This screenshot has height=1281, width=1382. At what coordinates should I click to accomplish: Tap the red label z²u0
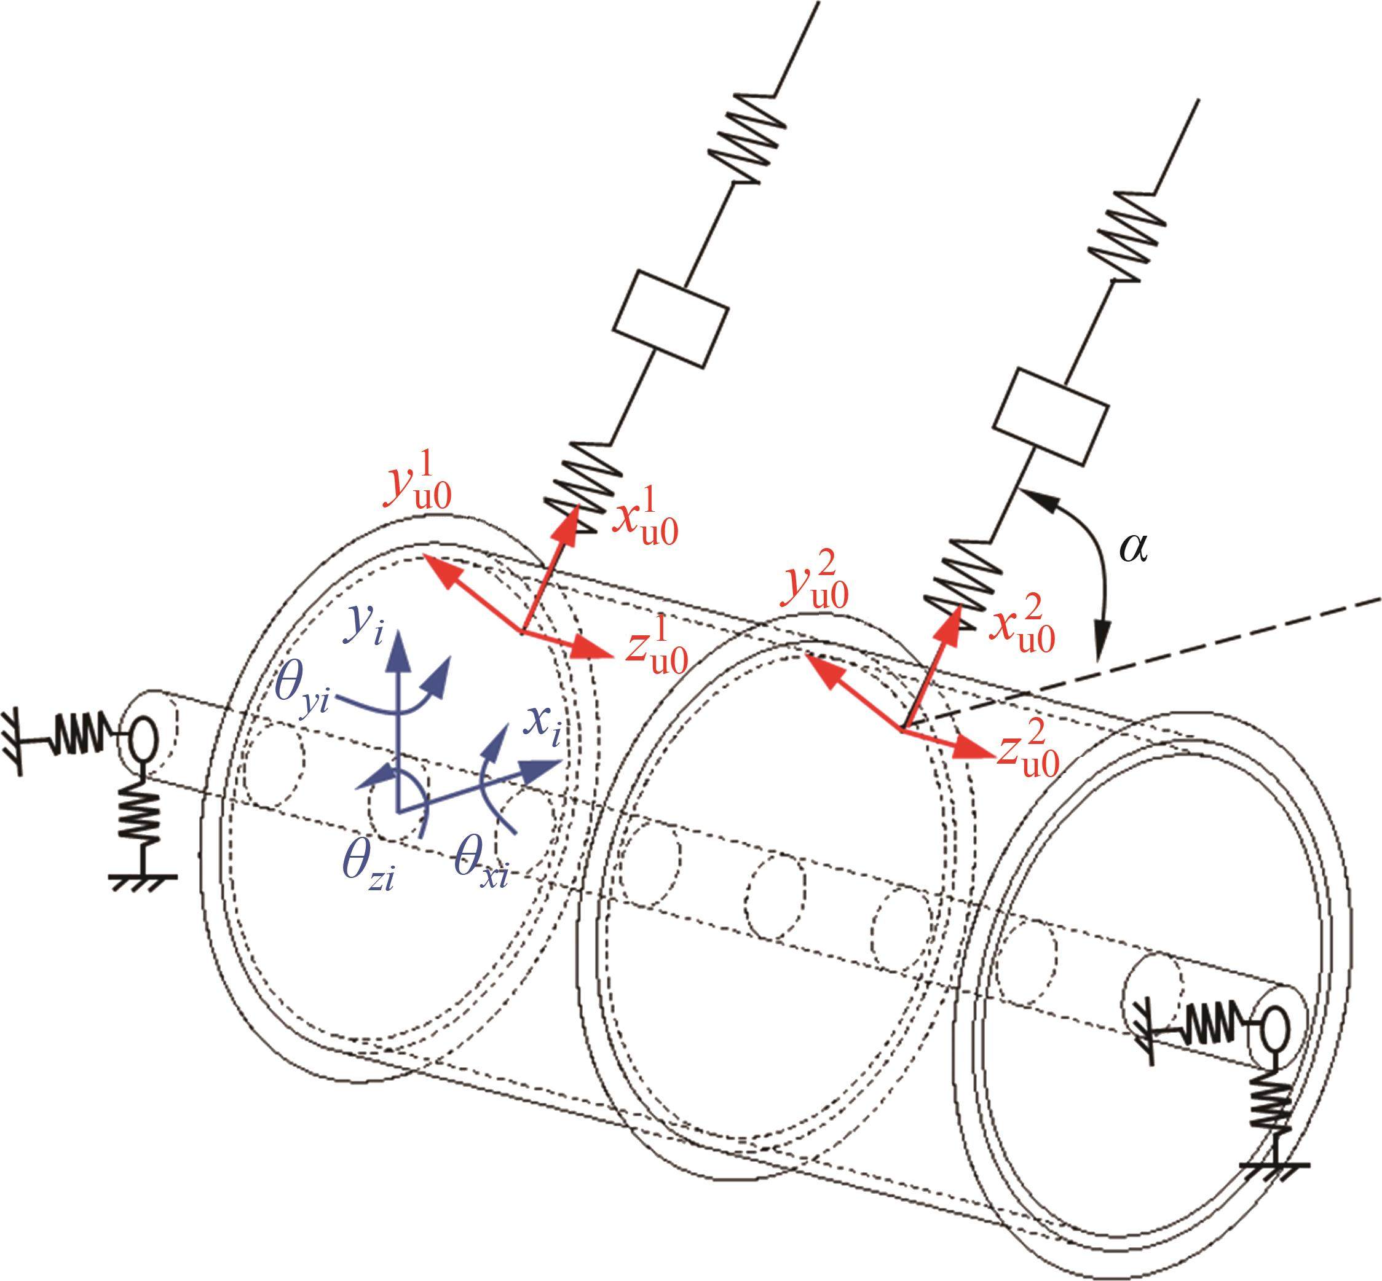pos(1029,747)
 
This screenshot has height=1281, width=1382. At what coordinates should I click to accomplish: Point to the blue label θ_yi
pos(302,688)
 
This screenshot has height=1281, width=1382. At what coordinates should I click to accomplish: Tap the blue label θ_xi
pos(481,863)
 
